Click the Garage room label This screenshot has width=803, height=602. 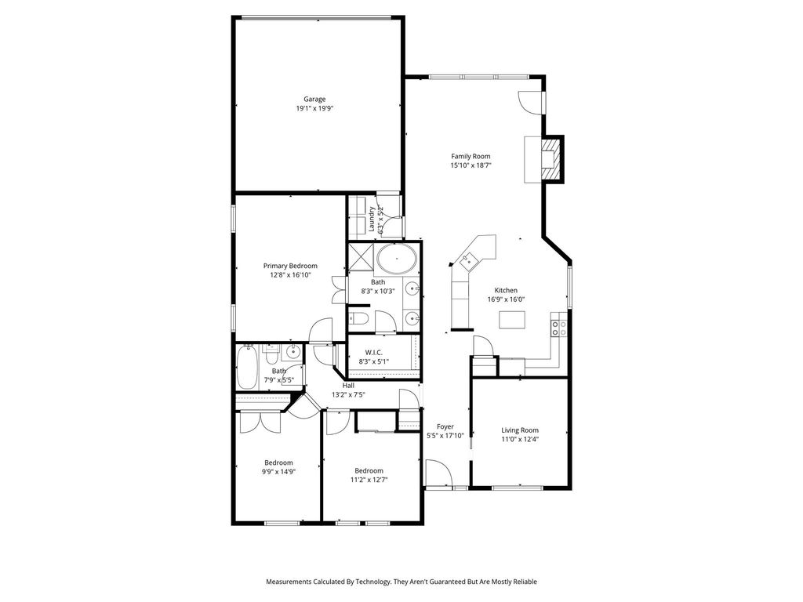314,100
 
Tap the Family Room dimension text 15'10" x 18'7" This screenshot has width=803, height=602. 471,165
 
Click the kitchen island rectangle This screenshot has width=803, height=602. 512,320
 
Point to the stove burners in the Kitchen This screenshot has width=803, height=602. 558,328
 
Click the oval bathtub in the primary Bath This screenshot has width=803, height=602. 396,259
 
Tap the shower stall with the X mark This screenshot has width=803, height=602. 361,256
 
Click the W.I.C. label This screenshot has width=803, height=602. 374,353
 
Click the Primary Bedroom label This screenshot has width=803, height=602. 290,266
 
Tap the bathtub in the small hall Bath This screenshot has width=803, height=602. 247,368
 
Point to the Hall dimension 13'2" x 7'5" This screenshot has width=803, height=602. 348,395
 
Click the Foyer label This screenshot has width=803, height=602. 445,426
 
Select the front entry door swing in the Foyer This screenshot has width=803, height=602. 438,473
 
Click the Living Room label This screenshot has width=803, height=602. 520,430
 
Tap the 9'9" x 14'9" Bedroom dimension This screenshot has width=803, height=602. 278,472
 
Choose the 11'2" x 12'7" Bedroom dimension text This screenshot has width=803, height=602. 369,481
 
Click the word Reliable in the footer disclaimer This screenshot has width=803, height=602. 525,582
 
